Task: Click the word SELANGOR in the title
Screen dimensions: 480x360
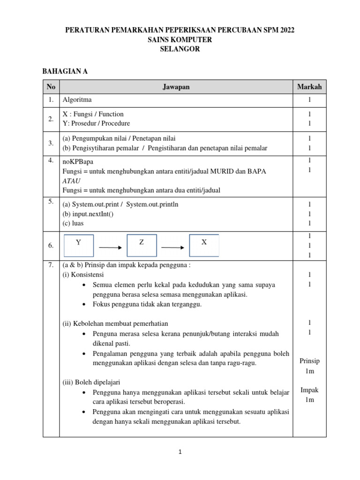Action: click(180, 49)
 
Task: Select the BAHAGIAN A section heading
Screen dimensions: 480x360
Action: click(65, 72)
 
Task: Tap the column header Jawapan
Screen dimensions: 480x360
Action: click(176, 87)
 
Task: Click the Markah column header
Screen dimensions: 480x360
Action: click(309, 87)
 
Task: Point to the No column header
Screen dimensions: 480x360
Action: click(51, 87)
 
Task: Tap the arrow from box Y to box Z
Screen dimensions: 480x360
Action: click(110, 247)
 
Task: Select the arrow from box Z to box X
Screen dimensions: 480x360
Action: click(172, 247)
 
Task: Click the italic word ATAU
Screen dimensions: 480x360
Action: click(71, 180)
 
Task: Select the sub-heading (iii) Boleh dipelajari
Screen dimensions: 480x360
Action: click(91, 382)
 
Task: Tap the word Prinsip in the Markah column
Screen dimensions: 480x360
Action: click(309, 361)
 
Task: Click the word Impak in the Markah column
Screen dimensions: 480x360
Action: click(309, 390)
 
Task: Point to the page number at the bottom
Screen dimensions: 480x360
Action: click(180, 452)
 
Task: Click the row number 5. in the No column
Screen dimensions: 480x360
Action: click(51, 202)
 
